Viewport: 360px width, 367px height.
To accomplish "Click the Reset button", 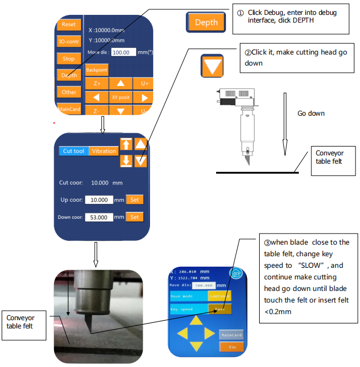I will (x=68, y=24).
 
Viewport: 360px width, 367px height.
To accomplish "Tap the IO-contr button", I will (x=68, y=41).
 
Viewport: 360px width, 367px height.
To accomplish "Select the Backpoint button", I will (x=96, y=70).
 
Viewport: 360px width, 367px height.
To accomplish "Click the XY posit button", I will (x=121, y=97).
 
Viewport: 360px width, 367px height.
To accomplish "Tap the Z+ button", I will (x=96, y=84).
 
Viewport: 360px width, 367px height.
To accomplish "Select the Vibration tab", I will (x=104, y=151).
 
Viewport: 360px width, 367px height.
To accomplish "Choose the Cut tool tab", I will (x=74, y=151).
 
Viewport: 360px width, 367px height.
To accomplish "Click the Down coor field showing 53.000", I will (x=99, y=217).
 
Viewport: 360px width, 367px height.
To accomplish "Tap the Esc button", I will (x=232, y=347).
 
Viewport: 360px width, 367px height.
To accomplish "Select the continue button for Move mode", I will (x=219, y=295).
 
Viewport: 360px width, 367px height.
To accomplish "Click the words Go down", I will (x=311, y=114).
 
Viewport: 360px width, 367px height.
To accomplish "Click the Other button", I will (x=69, y=92).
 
